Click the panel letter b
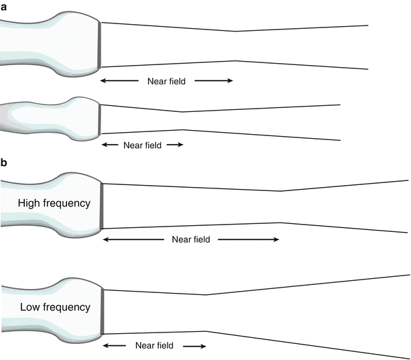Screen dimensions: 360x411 (x=4, y=162)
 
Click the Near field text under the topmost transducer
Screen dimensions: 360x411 (x=166, y=81)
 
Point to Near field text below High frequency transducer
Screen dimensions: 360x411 (x=191, y=239)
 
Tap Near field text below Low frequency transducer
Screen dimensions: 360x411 (x=154, y=346)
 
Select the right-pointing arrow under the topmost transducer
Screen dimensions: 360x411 (x=214, y=81)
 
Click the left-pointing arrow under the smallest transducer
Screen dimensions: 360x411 (x=110, y=144)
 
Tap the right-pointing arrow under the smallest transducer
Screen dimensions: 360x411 (x=174, y=144)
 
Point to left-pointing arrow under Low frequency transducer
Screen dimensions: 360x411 (x=115, y=346)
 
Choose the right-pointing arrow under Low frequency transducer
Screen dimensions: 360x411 (x=193, y=346)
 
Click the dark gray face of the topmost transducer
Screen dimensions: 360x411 (x=100, y=45)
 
